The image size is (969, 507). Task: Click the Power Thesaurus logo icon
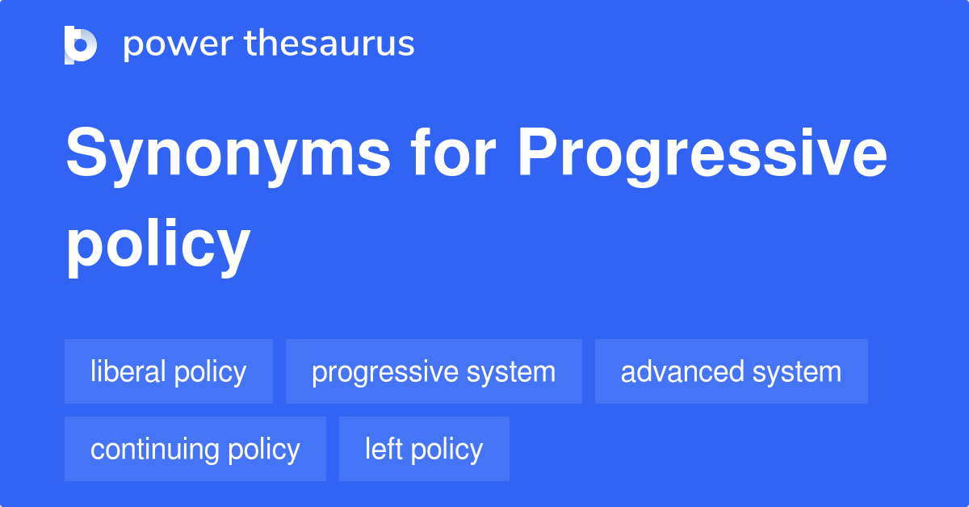point(81,44)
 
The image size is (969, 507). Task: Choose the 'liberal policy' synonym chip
point(169,371)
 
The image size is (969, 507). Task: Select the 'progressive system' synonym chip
point(434,371)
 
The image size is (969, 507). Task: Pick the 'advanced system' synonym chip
point(731,371)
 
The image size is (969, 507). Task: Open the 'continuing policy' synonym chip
point(195,449)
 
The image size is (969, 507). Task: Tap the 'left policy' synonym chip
point(424,449)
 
